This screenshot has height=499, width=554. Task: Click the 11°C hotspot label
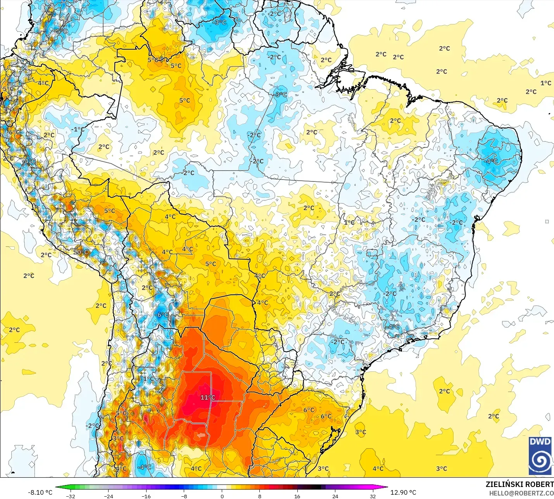click(x=207, y=397)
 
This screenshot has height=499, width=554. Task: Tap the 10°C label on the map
click(x=81, y=252)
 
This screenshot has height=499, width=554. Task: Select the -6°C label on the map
click(x=162, y=315)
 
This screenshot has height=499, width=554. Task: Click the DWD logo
click(x=540, y=456)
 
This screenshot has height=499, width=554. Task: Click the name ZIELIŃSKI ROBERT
click(x=519, y=484)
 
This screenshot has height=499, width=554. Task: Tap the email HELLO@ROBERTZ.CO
click(x=521, y=493)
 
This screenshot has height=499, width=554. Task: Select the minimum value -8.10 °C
click(x=40, y=492)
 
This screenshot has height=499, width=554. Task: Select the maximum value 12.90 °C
click(x=403, y=492)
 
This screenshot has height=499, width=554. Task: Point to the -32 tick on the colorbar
click(x=71, y=496)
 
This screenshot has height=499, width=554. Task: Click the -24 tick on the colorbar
click(x=109, y=496)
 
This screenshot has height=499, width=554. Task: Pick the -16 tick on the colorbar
click(x=146, y=496)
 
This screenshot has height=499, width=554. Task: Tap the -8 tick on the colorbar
click(x=184, y=496)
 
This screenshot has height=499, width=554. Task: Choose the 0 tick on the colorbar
click(x=222, y=496)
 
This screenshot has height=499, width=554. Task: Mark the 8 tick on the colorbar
click(x=259, y=496)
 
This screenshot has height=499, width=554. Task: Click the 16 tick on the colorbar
click(x=297, y=496)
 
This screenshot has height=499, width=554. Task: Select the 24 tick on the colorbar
click(x=335, y=496)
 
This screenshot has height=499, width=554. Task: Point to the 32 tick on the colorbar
click(x=373, y=496)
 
